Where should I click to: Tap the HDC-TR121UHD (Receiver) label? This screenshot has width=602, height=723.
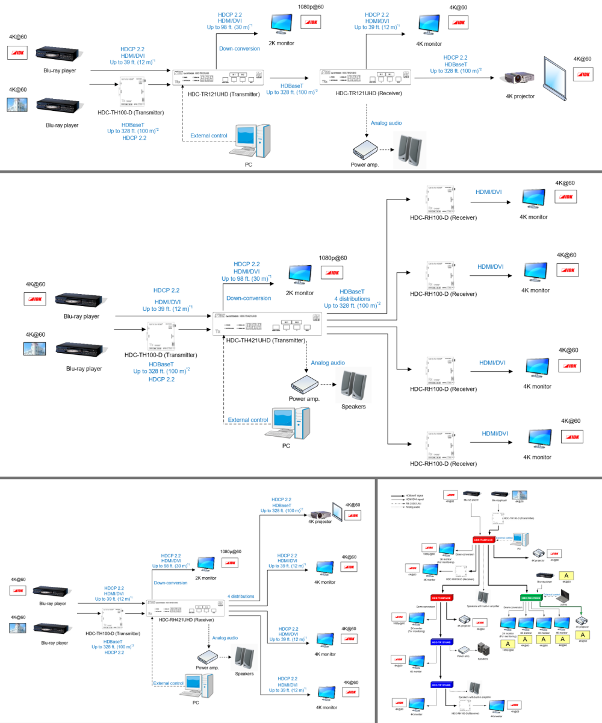[x=368, y=93]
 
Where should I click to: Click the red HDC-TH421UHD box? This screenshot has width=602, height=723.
[x=484, y=540]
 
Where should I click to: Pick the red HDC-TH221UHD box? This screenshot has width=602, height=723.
[x=441, y=597]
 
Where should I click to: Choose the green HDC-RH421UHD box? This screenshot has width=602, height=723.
[x=532, y=598]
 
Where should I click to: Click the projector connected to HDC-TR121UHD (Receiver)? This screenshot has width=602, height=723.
[x=518, y=78]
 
